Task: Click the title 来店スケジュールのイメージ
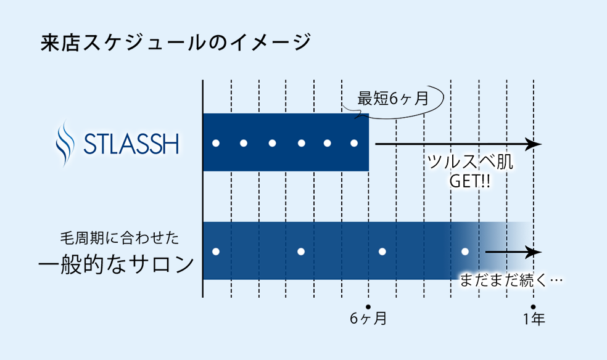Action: coord(176,42)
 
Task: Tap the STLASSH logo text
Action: coord(131,144)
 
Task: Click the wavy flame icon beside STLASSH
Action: coord(65,143)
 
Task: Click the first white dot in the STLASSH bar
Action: coord(216,143)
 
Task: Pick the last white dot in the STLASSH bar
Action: coord(354,143)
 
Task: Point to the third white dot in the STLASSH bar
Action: coord(272,143)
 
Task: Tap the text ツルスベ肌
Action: coord(470,162)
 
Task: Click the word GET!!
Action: coord(470,181)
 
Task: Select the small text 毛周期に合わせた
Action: coord(120,238)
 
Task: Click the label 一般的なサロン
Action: coord(116,265)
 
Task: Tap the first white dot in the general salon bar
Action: coord(216,252)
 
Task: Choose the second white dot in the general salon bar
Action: coord(301,252)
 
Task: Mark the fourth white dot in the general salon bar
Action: coord(465,252)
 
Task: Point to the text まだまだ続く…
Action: coord(511,280)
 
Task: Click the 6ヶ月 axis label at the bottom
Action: coord(368,319)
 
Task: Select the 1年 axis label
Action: coord(534,319)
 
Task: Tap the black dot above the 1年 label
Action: coord(533,307)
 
